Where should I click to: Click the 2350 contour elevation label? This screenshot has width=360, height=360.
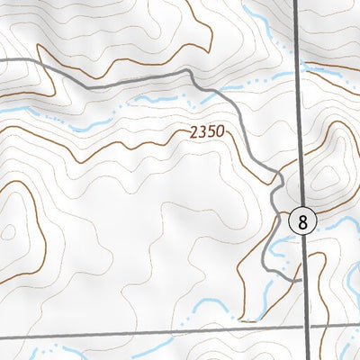click(207, 131)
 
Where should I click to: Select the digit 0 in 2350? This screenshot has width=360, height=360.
click(219, 131)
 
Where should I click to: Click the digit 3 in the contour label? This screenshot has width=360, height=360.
click(202, 131)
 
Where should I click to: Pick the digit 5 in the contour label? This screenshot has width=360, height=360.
click(211, 131)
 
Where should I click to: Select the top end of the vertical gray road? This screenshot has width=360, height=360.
click(296, 2)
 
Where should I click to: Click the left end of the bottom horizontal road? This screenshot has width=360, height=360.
click(2, 338)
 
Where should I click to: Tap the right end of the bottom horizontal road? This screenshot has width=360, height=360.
click(358, 327)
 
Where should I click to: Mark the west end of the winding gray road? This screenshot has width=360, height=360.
click(2, 59)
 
